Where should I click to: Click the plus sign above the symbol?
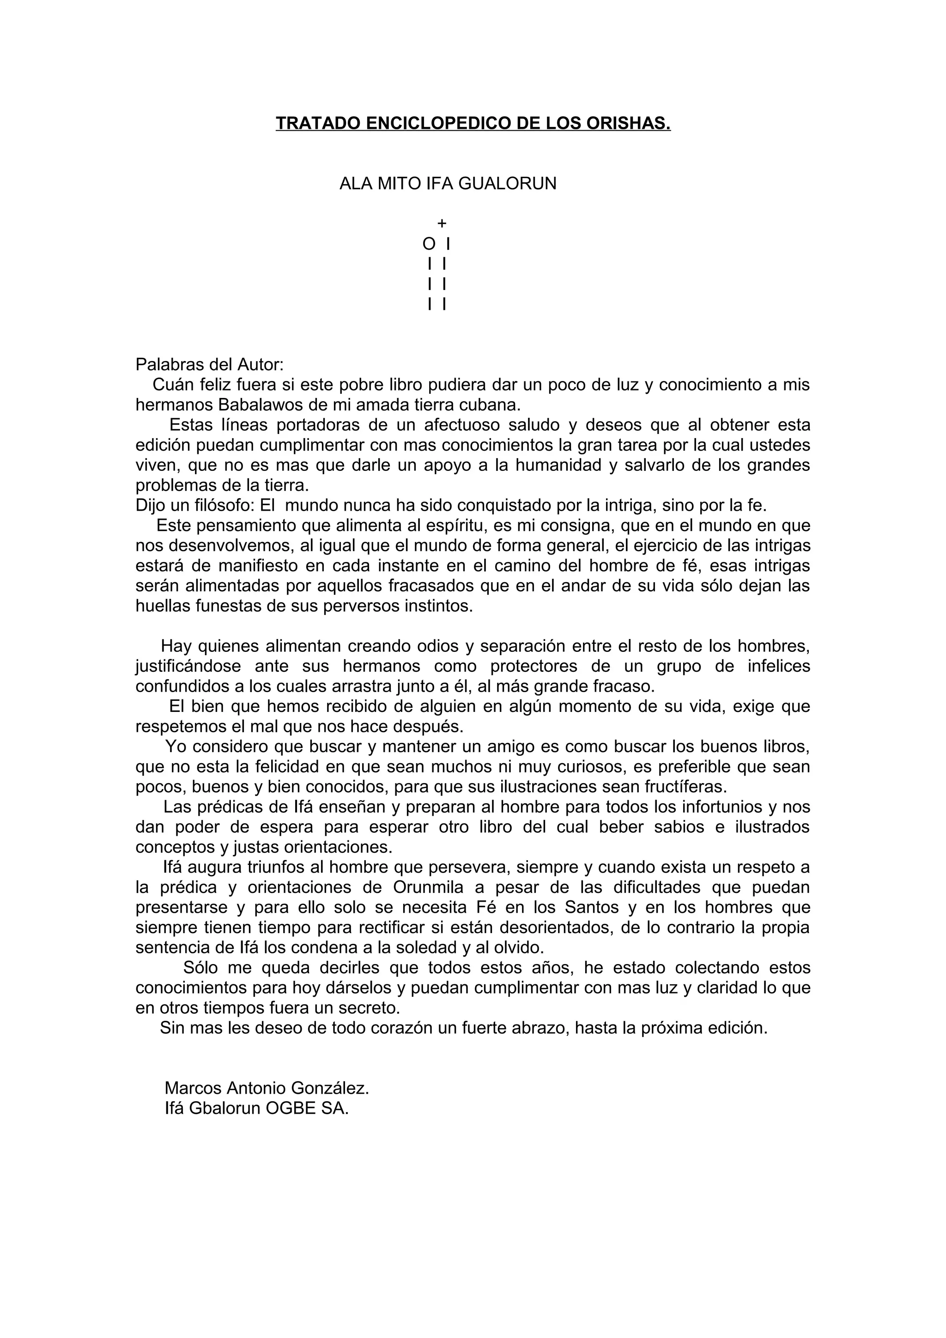pyautogui.click(x=442, y=223)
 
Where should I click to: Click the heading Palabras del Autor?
pyautogui.click(x=209, y=365)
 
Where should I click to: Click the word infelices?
pyautogui.click(x=779, y=666)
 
